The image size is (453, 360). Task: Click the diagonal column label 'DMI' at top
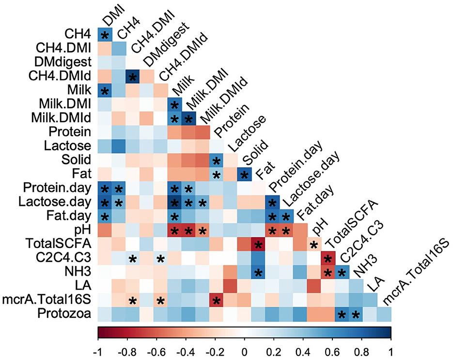(112, 15)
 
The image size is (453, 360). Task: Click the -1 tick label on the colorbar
(99, 350)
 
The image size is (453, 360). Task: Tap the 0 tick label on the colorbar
(244, 350)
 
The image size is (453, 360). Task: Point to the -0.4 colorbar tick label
(186, 350)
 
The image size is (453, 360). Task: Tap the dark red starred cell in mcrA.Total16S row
(215, 300)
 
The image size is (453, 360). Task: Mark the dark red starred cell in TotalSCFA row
(257, 245)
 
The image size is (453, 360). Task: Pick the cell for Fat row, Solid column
(243, 174)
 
